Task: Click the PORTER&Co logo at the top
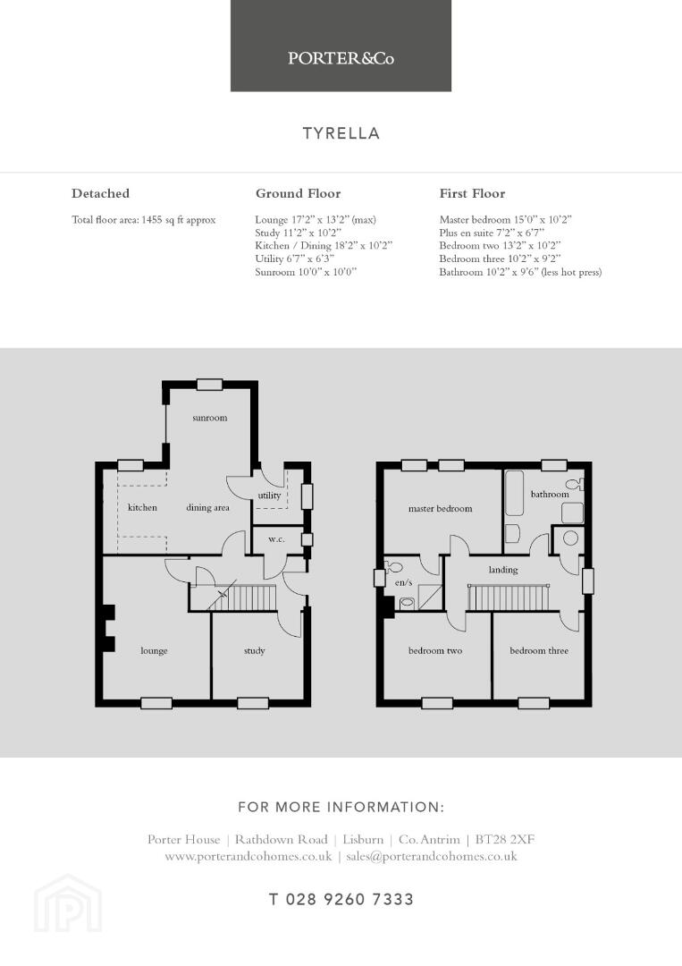[341, 58]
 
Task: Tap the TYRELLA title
[341, 133]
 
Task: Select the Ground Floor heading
[298, 193]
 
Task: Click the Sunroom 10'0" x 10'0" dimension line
[306, 272]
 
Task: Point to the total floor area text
[143, 219]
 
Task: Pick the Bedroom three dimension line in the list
[500, 258]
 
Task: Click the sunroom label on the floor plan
[210, 418]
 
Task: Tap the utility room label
[269, 496]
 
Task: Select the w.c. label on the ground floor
[276, 539]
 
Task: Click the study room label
[254, 650]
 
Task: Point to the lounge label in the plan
[154, 650]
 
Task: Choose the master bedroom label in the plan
[440, 509]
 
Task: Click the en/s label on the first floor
[403, 582]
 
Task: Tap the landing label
[503, 570]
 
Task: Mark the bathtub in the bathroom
[514, 493]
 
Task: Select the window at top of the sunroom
[209, 385]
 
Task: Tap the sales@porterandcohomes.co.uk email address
[432, 856]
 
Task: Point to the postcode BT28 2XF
[505, 839]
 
